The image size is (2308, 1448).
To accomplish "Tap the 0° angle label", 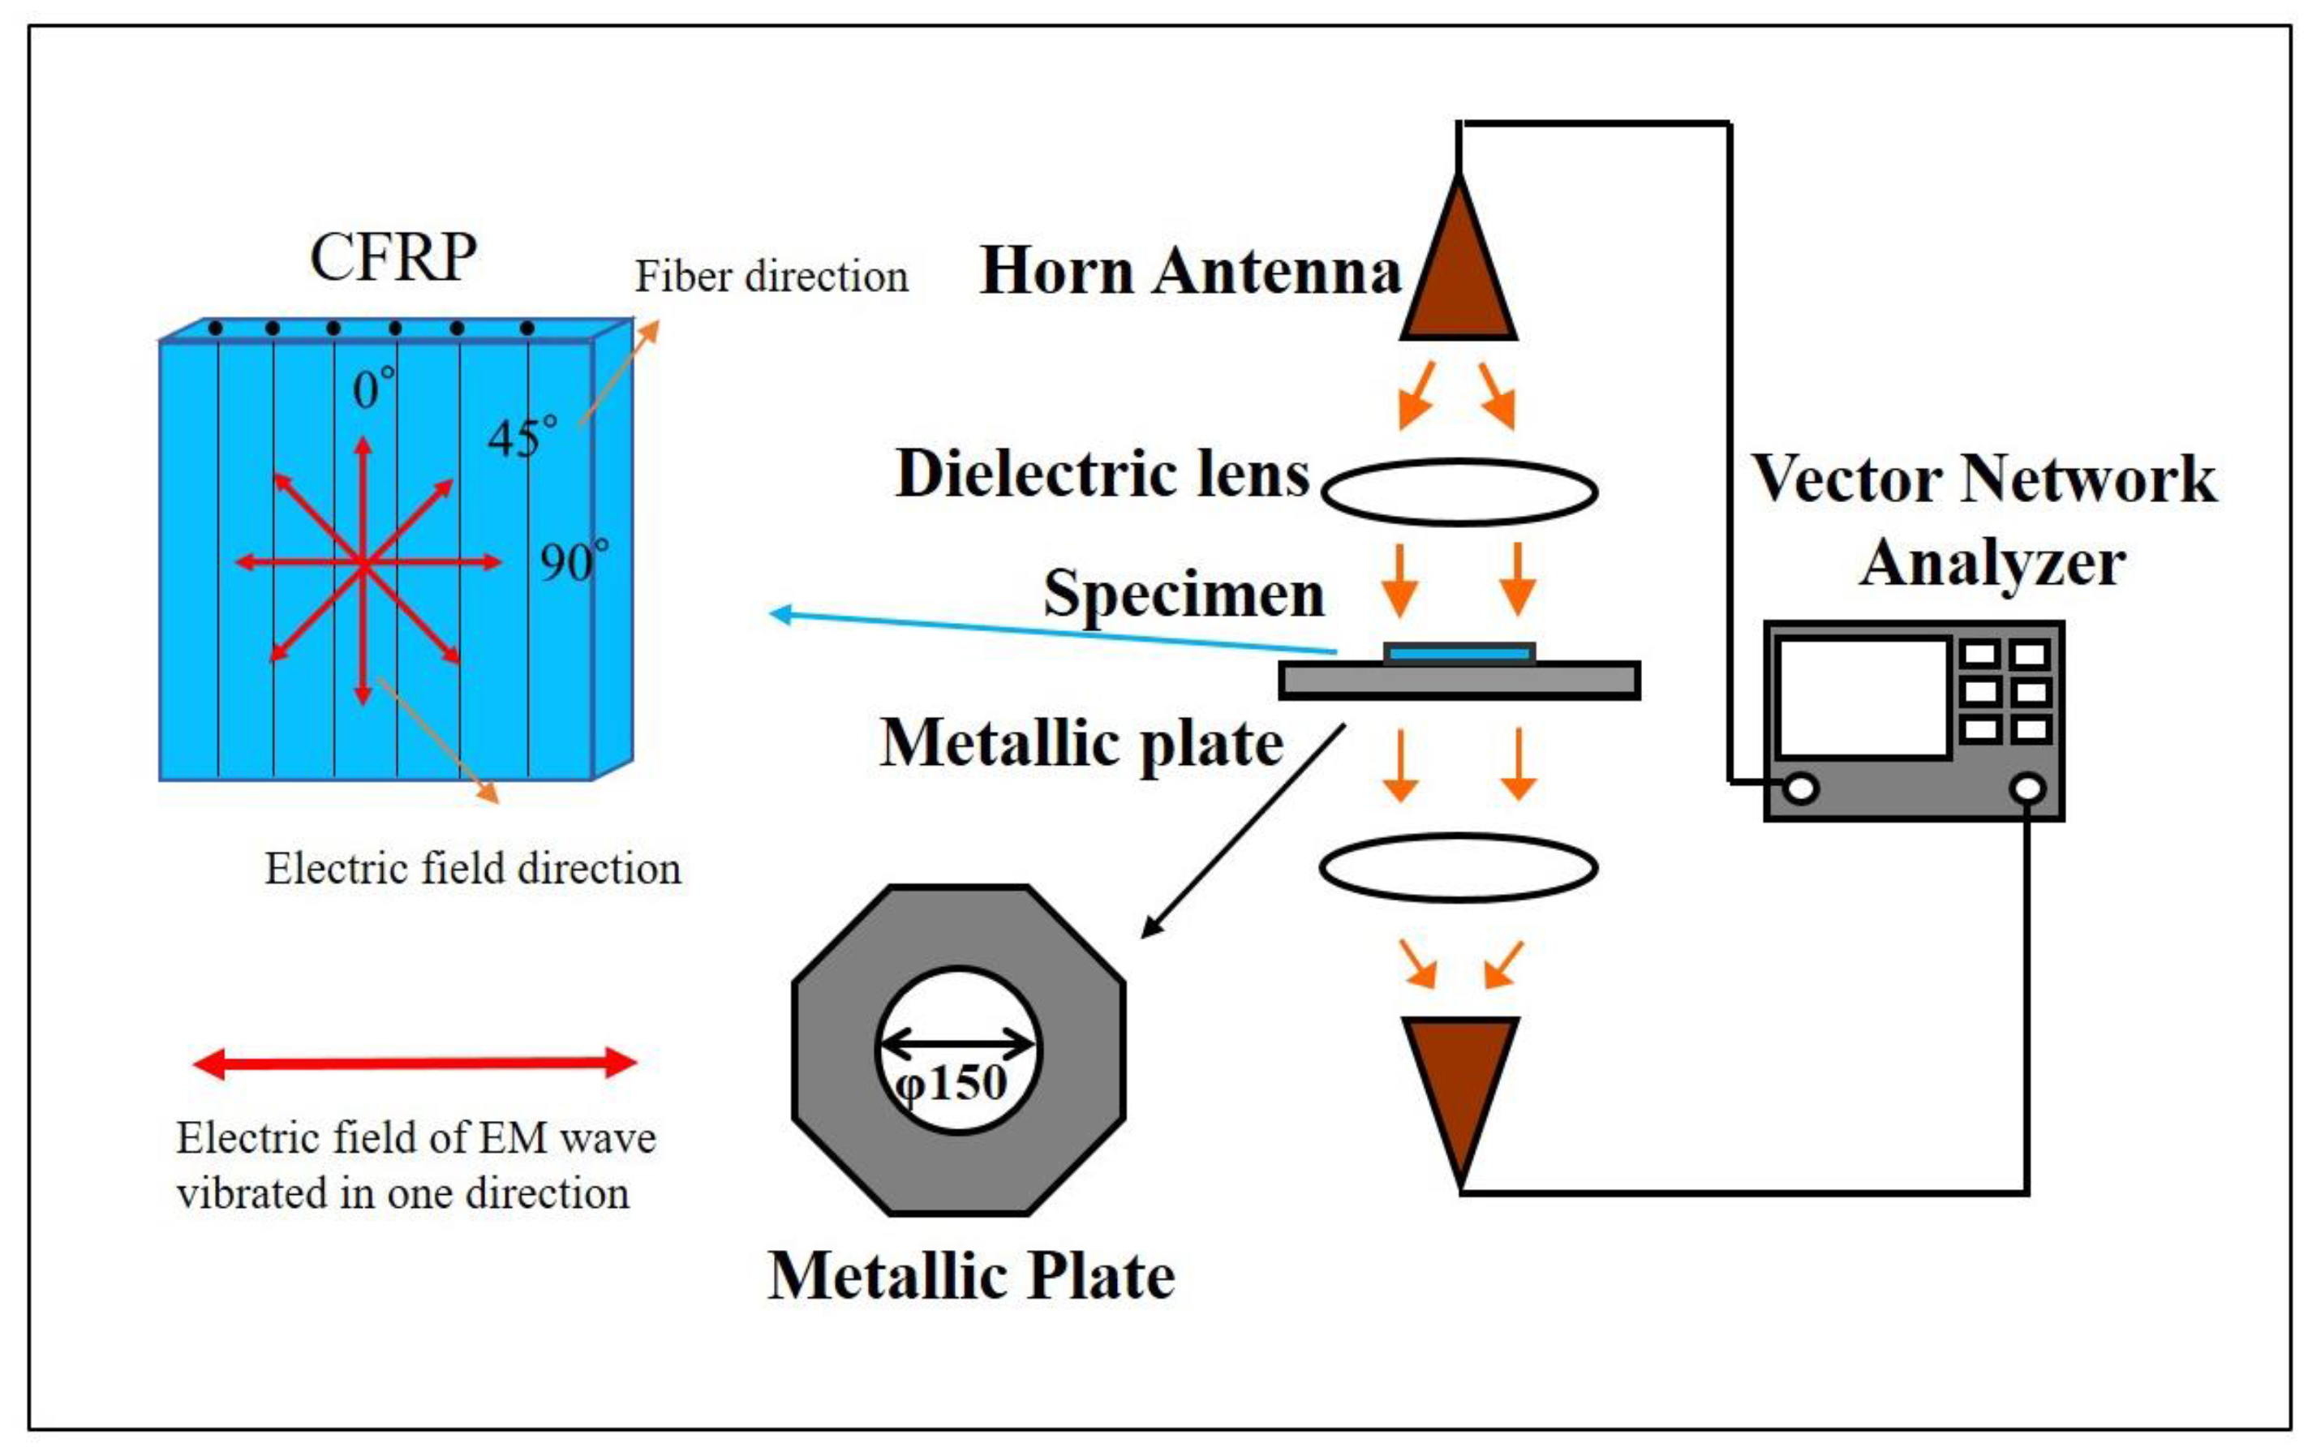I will (x=372, y=389).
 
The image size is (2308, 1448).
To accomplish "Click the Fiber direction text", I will (x=771, y=277).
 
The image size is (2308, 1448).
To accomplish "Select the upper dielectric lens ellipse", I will (x=1459, y=492).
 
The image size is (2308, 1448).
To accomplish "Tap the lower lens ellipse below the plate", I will (x=1459, y=868).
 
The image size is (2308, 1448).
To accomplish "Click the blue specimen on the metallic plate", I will (x=1459, y=654).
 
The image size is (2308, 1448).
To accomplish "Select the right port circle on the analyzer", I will (x=2027, y=788).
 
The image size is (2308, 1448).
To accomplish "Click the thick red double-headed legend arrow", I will (x=415, y=1063).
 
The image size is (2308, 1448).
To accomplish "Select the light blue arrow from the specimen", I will (x=1054, y=632).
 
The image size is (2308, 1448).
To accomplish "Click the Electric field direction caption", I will (x=473, y=869).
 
